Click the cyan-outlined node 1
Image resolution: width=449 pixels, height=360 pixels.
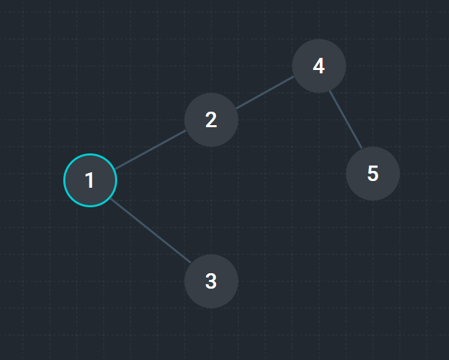pyautogui.click(x=90, y=180)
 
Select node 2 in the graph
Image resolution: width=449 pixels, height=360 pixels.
pyautogui.click(x=211, y=120)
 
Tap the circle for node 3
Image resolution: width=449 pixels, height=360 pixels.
pyautogui.click(x=211, y=281)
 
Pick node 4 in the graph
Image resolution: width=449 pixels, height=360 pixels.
pyautogui.click(x=319, y=66)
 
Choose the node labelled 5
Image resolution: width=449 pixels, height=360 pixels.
pyautogui.click(x=373, y=174)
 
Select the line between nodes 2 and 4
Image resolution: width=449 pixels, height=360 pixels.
pyautogui.click(x=265, y=93)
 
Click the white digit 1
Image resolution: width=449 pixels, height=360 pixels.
pyautogui.click(x=90, y=180)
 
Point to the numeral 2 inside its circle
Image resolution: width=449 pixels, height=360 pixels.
pyautogui.click(x=211, y=120)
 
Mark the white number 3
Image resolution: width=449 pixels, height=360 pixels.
pyautogui.click(x=211, y=281)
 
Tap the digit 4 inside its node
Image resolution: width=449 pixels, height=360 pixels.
pyautogui.click(x=319, y=66)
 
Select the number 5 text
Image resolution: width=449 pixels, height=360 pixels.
pyautogui.click(x=373, y=174)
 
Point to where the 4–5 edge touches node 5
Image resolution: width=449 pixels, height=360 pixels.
pyautogui.click(x=361, y=150)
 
